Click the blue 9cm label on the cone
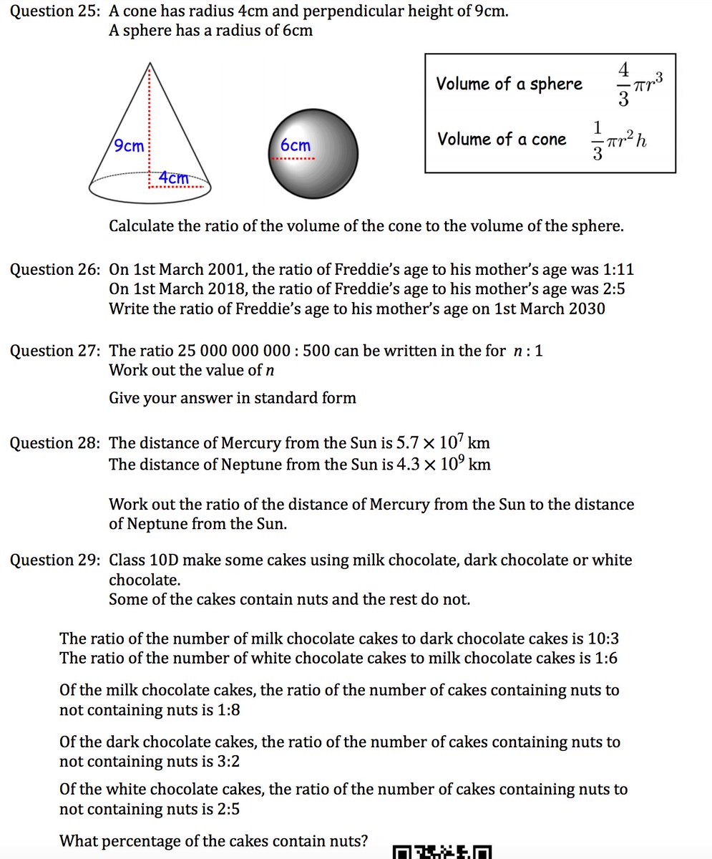pyautogui.click(x=130, y=146)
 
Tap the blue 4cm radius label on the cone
pyautogui.click(x=174, y=178)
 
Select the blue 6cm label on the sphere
pyautogui.click(x=295, y=145)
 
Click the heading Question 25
pyautogui.click(x=54, y=11)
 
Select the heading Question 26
pyautogui.click(x=54, y=270)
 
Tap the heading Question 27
pyautogui.click(x=54, y=351)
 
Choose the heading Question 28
pyautogui.click(x=54, y=443)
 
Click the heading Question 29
pyautogui.click(x=54, y=560)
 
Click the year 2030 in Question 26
pyautogui.click(x=586, y=309)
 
